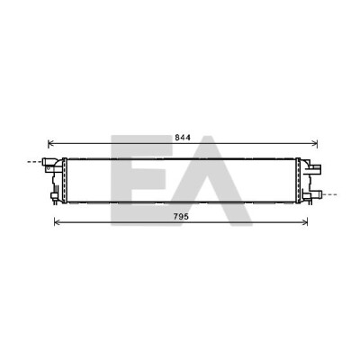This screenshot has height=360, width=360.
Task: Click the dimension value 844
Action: point(183,138)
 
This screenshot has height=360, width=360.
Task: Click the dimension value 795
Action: point(181,216)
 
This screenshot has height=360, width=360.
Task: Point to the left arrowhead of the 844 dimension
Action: point(50,144)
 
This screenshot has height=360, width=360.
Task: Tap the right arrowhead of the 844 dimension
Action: point(315,144)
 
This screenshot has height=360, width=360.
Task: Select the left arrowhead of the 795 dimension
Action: point(57,222)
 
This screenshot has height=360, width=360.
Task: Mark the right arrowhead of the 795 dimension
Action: point(305,222)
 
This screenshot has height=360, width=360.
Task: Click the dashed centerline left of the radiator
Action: point(35,162)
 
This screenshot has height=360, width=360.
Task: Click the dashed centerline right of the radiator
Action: point(329,194)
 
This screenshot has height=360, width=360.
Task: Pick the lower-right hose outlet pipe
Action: point(317,194)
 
